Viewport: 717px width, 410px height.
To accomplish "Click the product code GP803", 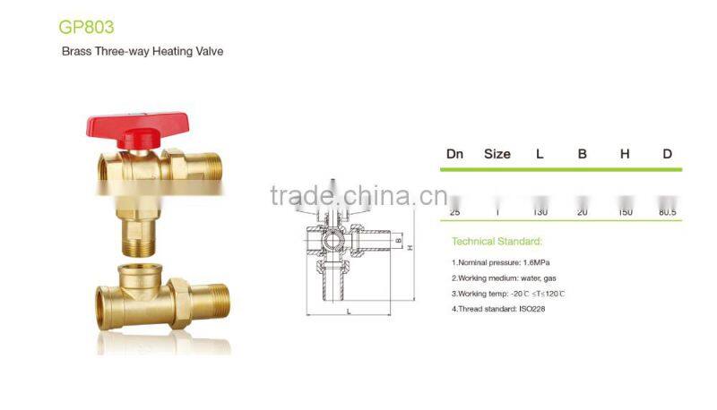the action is (86, 27).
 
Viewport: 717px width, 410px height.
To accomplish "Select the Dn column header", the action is (455, 154).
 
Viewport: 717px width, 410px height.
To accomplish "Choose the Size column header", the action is (497, 154).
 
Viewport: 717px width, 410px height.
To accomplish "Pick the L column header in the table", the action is (540, 154).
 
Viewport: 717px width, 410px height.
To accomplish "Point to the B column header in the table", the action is (582, 154).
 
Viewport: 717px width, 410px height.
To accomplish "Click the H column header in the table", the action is (625, 154).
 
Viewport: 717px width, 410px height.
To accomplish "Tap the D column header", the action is (667, 154).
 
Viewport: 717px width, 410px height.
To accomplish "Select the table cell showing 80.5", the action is (667, 212).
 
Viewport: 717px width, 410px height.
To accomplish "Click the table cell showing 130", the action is (540, 212).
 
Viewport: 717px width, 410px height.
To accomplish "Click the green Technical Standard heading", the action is (496, 242).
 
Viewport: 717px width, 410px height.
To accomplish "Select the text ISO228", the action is (529, 309).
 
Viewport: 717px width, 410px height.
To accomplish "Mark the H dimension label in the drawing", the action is (410, 248).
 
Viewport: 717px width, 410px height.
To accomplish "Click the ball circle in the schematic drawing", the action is (331, 241).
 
